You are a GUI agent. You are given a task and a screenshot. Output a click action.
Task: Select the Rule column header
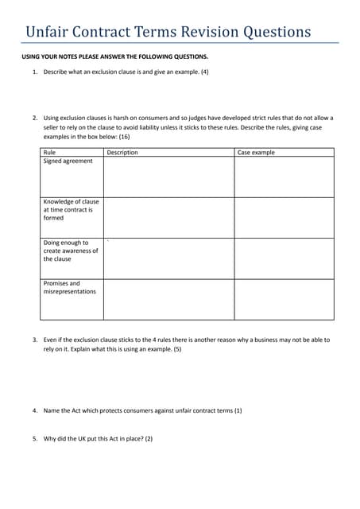click(x=49, y=152)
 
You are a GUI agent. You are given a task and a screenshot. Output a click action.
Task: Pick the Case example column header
click(x=256, y=152)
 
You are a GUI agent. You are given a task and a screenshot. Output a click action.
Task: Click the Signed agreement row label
click(x=68, y=161)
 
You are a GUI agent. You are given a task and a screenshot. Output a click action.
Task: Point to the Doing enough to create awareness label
click(x=70, y=251)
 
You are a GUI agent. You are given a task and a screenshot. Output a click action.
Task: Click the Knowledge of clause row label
click(x=71, y=210)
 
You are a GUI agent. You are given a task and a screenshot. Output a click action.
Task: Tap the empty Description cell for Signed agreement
click(x=168, y=177)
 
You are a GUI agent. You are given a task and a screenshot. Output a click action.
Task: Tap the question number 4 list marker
click(x=35, y=410)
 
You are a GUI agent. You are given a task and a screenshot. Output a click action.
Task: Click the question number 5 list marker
click(x=35, y=438)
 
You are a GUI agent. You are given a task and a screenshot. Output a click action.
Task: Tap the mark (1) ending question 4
click(x=238, y=410)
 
